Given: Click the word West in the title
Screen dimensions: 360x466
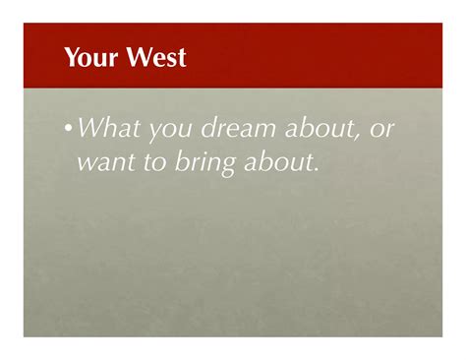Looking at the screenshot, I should [158, 59].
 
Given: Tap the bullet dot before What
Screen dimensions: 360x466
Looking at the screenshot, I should [68, 129].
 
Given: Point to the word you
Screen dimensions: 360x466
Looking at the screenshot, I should [167, 129].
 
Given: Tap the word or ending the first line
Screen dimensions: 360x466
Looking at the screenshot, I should [381, 129].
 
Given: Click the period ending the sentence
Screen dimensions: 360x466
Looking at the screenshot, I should [318, 169].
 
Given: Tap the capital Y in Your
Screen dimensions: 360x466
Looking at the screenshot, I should [71, 59].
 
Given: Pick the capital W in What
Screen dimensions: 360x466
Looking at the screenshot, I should [86, 128].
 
